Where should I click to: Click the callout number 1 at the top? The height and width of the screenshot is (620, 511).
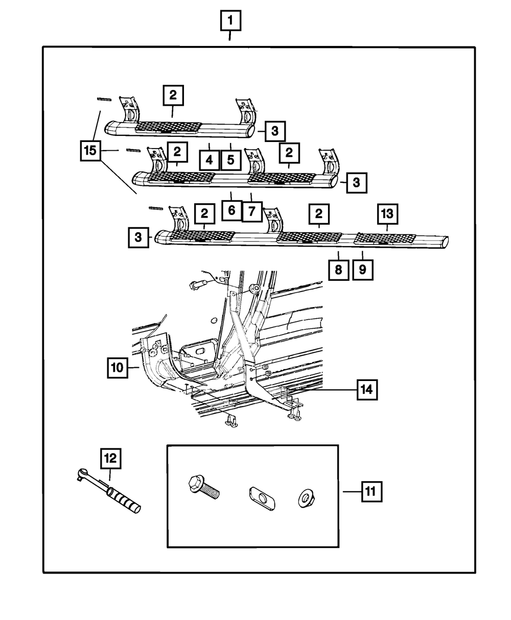pyautogui.click(x=230, y=21)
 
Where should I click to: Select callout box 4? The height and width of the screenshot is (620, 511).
pyautogui.click(x=210, y=160)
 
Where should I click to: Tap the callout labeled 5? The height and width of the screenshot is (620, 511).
pyautogui.click(x=230, y=160)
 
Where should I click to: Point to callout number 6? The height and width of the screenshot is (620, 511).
pyautogui.click(x=231, y=210)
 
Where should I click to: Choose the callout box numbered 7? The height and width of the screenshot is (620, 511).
pyautogui.click(x=252, y=210)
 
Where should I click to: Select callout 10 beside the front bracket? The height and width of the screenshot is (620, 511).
pyautogui.click(x=118, y=367)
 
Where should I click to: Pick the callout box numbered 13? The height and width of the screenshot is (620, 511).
pyautogui.click(x=387, y=212)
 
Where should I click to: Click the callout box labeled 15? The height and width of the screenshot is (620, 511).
pyautogui.click(x=91, y=152)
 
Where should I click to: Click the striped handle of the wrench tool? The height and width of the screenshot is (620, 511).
pyautogui.click(x=125, y=499)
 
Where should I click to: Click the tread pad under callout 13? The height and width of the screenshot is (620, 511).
pyautogui.click(x=386, y=239)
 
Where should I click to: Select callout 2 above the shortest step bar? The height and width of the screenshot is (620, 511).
pyautogui.click(x=173, y=95)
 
